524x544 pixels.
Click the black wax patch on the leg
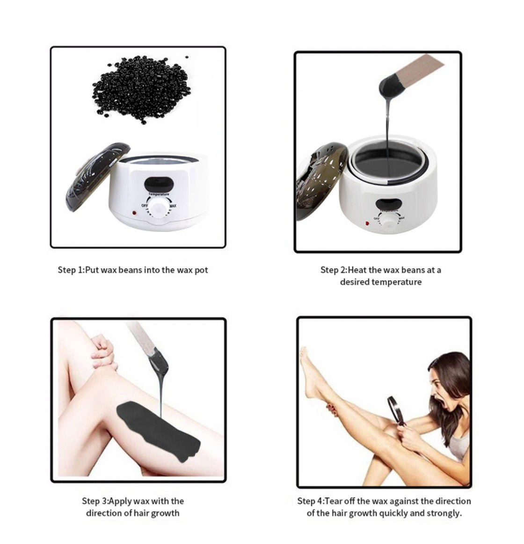coord(158,430)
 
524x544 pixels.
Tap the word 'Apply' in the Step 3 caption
coord(121,501)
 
